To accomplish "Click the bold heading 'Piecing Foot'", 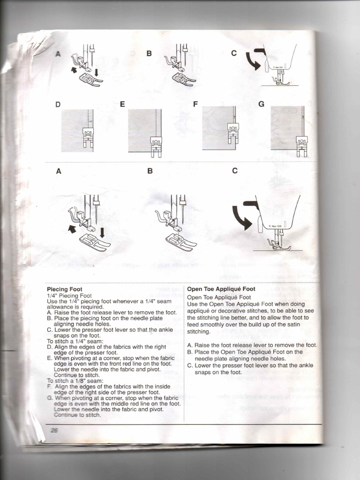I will click(x=64, y=289).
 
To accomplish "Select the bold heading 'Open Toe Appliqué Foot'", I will click(x=221, y=289).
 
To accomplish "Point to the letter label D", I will click(x=58, y=105).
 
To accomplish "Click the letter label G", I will click(x=261, y=104).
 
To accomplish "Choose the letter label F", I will click(x=195, y=104).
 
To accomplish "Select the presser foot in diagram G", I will click(x=302, y=146).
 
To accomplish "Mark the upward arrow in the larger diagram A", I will click(x=72, y=229).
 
